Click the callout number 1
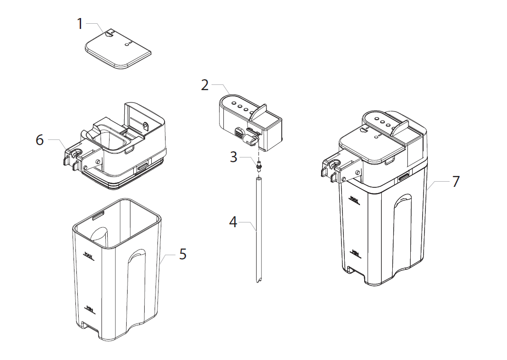tap(80, 23)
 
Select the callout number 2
tap(204, 85)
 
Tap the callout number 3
tap(233, 157)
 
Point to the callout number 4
tap(233, 222)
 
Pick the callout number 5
tap(183, 254)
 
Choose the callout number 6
tap(40, 140)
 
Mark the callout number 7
tap(455, 182)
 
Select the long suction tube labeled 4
tap(258, 228)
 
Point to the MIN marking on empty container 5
tap(89, 308)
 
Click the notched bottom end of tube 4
tap(258, 280)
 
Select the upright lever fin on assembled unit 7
tap(401, 128)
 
